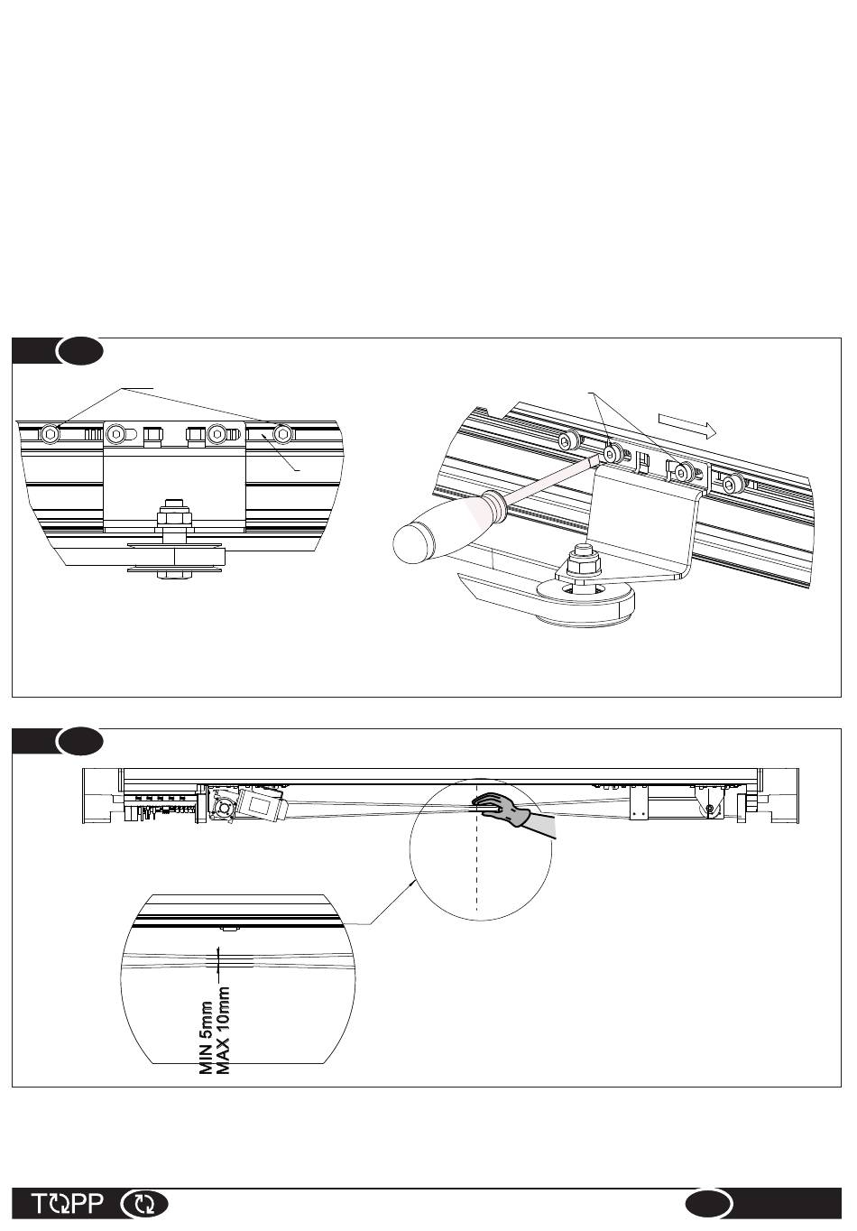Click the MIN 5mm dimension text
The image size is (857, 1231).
(x=207, y=1037)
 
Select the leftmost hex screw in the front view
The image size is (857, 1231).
(x=50, y=434)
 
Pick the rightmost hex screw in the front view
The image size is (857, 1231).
(x=283, y=433)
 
